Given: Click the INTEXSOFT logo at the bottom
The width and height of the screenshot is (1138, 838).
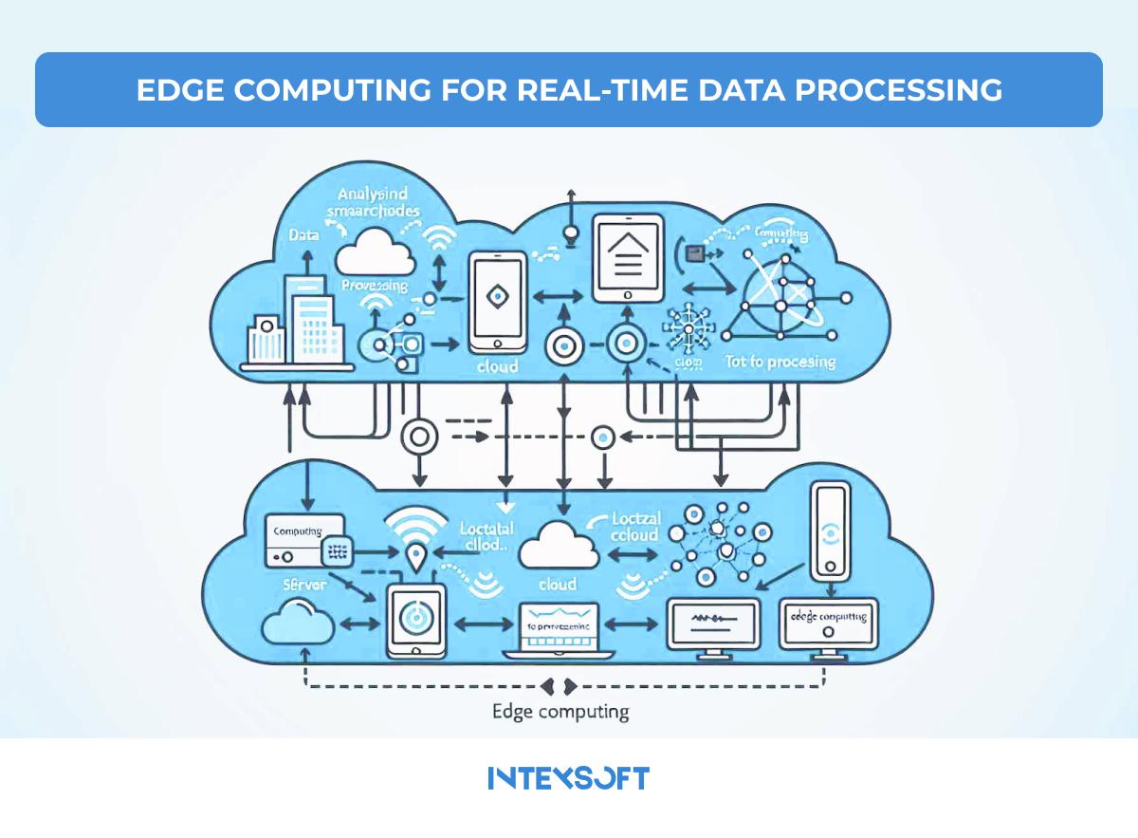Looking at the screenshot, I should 569,778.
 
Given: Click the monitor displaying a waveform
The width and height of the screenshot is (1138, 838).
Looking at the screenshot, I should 712,624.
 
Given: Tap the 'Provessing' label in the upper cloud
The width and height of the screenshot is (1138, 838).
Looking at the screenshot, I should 376,286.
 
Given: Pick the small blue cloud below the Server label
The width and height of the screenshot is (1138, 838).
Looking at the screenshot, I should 296,626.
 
